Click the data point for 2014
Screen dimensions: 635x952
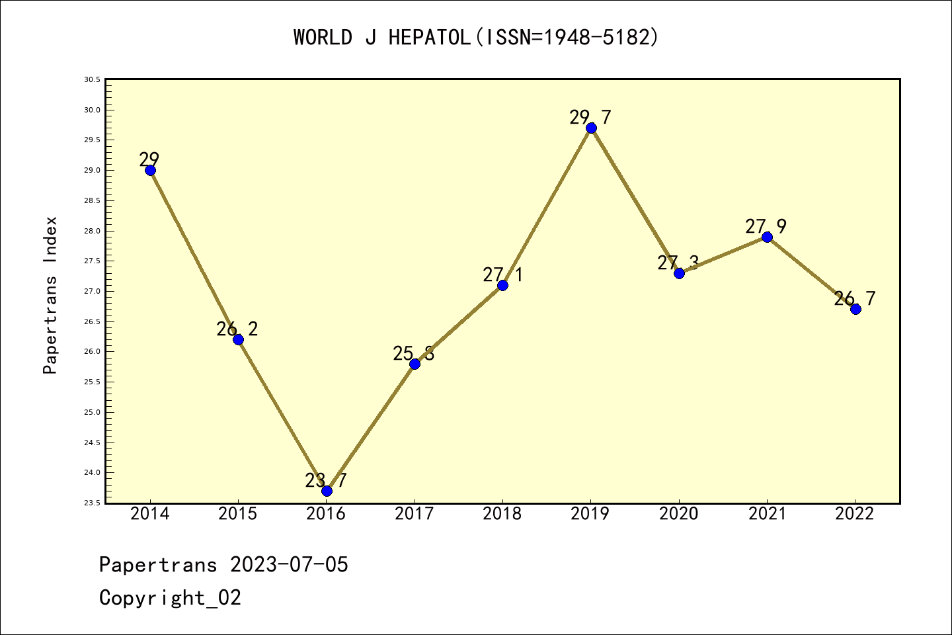click(150, 170)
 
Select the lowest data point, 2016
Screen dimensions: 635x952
click(327, 491)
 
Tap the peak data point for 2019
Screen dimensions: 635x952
click(591, 128)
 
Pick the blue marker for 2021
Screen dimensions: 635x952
click(767, 237)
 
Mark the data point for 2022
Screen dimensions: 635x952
click(855, 309)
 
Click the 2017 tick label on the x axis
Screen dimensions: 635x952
click(415, 514)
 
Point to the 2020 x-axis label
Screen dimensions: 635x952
click(679, 514)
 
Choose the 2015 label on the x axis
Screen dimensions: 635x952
click(238, 514)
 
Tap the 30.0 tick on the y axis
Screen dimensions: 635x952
click(92, 110)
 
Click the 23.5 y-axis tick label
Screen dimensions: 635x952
click(92, 503)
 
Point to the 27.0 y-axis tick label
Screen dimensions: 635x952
click(92, 291)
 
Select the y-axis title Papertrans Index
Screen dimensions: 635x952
click(50, 295)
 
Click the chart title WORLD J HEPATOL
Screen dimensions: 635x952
click(476, 37)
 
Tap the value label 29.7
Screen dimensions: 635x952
click(590, 118)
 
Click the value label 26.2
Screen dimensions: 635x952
click(237, 329)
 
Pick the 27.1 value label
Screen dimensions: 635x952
click(502, 275)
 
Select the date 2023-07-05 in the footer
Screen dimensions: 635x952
click(289, 565)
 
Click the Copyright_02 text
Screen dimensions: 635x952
click(170, 598)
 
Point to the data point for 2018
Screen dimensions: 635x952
click(502, 285)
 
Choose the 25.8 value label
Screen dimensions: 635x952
click(414, 354)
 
